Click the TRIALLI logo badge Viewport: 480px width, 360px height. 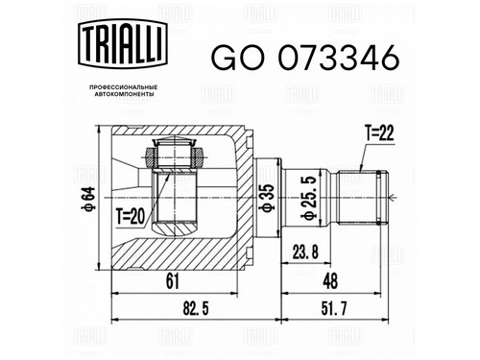click(123, 44)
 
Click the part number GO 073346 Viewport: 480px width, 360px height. click(305, 58)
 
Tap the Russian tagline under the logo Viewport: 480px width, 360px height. click(123, 90)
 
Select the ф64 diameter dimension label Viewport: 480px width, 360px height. click(88, 198)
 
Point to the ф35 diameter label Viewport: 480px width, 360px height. click(268, 198)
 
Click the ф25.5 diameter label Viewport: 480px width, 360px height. click(309, 199)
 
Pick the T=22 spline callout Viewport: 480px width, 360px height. click(379, 133)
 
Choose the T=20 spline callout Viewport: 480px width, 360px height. click(131, 217)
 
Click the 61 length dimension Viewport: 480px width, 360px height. click(173, 281)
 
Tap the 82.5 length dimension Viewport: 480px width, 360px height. click(196, 309)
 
